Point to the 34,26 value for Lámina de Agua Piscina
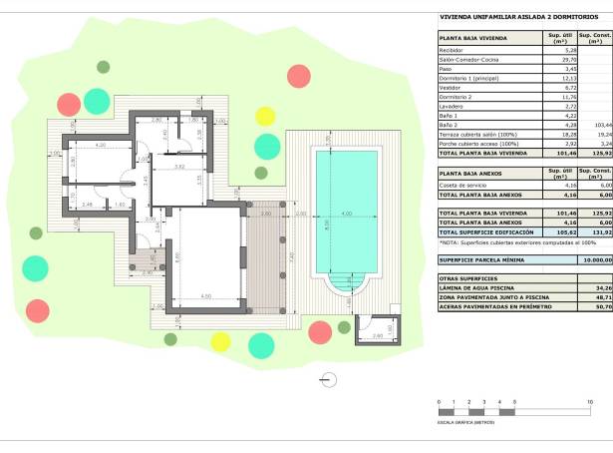[594, 287]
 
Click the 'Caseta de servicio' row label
[461, 185]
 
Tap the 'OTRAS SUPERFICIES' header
[466, 277]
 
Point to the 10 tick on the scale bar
[590, 400]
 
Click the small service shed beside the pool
[377, 329]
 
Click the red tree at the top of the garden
[298, 75]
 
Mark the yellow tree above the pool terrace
[265, 114]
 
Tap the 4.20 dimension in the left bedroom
[101, 147]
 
